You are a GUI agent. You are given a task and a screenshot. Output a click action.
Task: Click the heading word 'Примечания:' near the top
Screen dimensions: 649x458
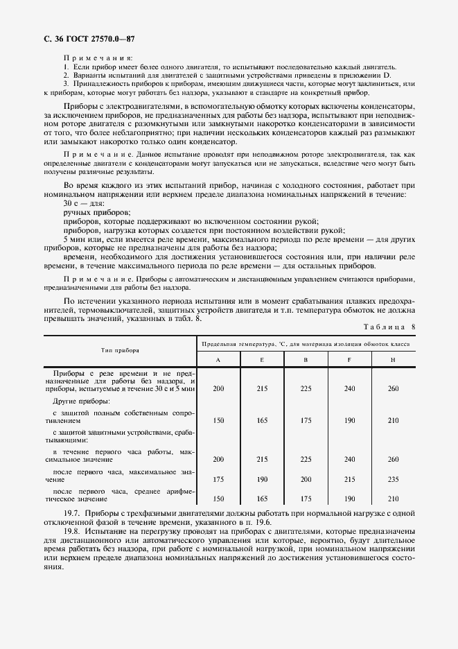(x=98, y=58)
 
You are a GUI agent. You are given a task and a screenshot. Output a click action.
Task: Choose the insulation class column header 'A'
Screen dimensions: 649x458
(x=218, y=359)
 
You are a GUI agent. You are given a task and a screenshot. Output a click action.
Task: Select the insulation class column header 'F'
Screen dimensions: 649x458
(x=349, y=359)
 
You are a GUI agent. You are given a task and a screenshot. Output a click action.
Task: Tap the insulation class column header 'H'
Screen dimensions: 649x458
(x=393, y=359)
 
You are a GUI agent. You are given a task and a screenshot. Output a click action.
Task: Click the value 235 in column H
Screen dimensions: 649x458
(x=393, y=479)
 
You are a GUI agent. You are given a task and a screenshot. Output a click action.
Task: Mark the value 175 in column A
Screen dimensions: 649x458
(x=218, y=479)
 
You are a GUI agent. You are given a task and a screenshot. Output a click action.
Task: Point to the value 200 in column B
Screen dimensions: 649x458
(x=306, y=479)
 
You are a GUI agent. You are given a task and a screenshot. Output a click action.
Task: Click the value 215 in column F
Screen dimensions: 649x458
(x=349, y=479)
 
